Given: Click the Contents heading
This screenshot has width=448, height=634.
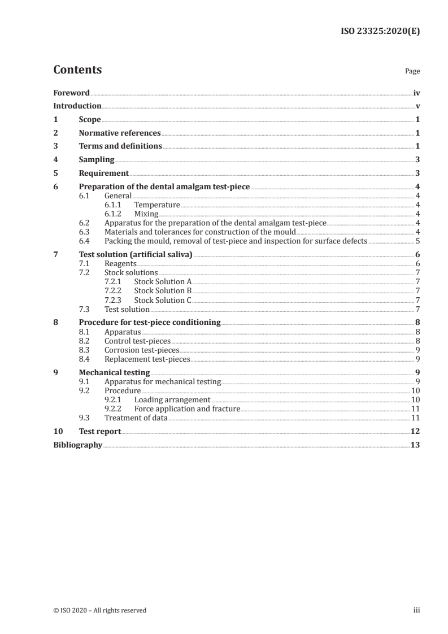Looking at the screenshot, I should pos(77,70).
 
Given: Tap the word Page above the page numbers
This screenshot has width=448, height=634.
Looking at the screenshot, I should pos(412,72).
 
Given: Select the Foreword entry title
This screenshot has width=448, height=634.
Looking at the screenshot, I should pos(71,93).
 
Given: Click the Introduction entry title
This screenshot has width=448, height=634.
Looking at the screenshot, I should pos(77,106).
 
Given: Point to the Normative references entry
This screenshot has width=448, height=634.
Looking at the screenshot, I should pos(120,133).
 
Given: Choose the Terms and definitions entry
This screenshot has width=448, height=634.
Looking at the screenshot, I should pos(120,146).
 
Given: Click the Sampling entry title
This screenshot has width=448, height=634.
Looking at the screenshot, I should pos(97,160).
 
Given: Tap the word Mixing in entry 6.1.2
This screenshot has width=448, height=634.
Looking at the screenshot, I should pos(146,214).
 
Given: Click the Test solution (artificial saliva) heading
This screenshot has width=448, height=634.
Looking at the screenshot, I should pos(136,255).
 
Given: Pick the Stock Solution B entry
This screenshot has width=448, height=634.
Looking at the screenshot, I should pos(163,291).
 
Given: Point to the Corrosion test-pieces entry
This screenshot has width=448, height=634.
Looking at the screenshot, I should pos(142,350).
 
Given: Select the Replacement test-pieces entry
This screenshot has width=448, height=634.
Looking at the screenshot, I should pos(147,359).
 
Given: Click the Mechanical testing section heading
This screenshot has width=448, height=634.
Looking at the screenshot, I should pos(114,373).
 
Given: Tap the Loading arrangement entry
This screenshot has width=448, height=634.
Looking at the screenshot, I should pos(172,399).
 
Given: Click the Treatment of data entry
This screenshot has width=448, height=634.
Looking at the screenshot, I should pos(136,418).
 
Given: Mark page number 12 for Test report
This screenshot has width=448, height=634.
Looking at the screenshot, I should pos(415,431).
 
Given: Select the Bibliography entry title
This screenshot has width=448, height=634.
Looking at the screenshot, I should pos(77,445).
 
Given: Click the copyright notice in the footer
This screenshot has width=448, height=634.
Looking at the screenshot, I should pos(99,610).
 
